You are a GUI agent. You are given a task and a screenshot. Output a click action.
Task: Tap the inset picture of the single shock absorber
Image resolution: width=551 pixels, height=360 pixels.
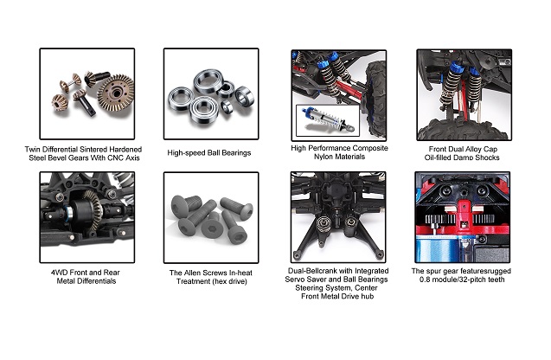[328, 120]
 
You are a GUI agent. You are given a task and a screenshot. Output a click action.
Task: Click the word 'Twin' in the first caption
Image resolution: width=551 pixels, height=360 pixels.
[32, 150]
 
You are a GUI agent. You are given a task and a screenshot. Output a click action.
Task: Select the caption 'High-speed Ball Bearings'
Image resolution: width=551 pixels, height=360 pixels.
[209, 153]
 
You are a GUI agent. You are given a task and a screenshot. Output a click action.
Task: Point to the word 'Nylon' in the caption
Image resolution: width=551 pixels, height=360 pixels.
[324, 157]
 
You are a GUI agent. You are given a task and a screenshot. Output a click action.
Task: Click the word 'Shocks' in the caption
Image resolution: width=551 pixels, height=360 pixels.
[487, 157]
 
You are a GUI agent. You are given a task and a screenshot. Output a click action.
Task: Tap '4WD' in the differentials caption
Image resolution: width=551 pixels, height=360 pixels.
[59, 273]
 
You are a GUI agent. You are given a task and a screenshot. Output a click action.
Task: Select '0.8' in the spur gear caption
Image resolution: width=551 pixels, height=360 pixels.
[426, 280]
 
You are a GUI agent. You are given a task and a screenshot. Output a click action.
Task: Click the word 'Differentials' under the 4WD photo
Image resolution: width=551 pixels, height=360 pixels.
[96, 281]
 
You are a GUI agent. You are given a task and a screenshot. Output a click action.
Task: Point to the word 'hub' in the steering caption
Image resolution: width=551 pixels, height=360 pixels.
[367, 296]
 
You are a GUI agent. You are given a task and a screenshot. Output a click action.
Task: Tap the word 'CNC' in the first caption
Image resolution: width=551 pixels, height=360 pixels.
[115, 158]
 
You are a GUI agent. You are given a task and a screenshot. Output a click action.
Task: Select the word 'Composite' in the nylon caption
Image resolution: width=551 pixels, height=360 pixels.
[369, 148]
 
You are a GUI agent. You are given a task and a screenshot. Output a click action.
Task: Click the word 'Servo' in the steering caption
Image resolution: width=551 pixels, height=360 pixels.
[294, 280]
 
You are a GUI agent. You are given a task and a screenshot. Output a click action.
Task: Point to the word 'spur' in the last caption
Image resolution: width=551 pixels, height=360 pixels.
[439, 271]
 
